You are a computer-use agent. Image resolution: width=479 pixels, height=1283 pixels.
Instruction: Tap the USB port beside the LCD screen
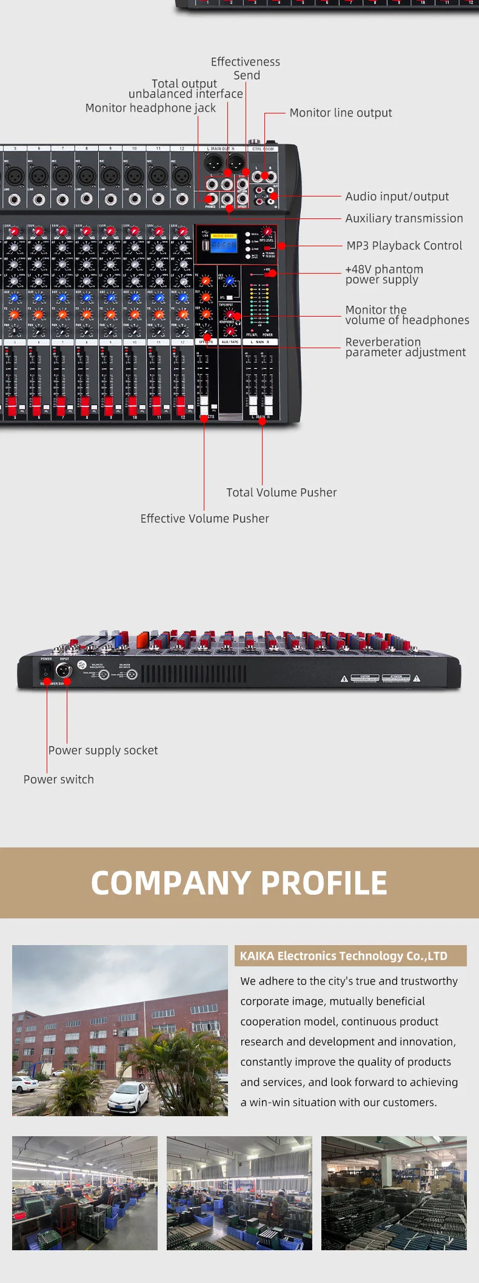tap(205, 245)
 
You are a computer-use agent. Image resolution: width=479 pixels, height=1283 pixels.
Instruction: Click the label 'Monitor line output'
tap(340, 113)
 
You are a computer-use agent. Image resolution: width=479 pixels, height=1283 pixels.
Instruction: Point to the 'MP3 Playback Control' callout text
tap(404, 246)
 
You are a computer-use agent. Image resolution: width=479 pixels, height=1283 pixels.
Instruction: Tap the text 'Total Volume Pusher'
tap(281, 493)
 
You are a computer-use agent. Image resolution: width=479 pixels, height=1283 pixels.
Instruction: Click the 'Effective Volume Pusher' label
tap(204, 519)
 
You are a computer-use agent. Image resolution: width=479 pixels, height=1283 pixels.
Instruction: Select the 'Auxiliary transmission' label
tap(404, 218)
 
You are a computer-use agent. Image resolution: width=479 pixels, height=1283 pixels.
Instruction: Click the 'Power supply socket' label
tap(103, 750)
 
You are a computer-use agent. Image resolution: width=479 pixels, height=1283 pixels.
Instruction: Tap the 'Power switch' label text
tap(59, 780)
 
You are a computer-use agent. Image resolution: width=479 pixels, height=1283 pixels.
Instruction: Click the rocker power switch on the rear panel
tap(45, 671)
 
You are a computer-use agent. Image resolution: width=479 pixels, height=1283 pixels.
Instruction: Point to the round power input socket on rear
tap(63, 670)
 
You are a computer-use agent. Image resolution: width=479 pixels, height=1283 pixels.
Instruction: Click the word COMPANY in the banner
tap(170, 883)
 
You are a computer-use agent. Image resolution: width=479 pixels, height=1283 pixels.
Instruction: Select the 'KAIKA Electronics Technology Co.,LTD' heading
tap(343, 956)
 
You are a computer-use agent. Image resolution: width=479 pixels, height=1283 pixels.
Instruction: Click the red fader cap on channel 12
tap(181, 405)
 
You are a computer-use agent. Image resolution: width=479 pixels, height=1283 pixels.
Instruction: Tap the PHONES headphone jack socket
tap(211, 198)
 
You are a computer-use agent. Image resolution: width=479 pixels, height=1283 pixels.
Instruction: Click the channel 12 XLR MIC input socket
tap(182, 176)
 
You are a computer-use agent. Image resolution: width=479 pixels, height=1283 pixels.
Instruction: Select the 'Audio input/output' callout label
tap(397, 197)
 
